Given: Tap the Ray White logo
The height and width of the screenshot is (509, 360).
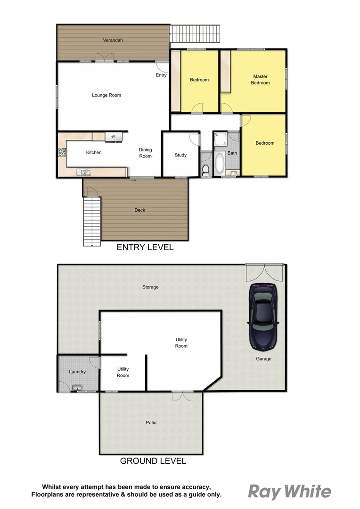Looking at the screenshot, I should pos(290,492).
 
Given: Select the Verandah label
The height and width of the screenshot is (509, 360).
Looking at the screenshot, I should pos(113,41).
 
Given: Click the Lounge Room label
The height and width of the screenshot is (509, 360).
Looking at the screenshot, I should pos(106,95).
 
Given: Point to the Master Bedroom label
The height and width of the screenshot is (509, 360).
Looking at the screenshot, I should pos(260,80).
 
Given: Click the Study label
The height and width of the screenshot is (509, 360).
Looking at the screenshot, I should pos(180,155).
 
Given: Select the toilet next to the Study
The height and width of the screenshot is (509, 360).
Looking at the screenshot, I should pos(205,170).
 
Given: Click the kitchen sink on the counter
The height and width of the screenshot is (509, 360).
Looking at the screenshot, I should pos(85,172).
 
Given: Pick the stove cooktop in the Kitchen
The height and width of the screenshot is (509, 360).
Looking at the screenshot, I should pos(61,152).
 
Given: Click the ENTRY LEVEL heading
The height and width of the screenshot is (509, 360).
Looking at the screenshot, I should pos(145,247).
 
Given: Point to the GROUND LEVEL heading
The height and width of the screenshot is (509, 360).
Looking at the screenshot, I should pos(153,461).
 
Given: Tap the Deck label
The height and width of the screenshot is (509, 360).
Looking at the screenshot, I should pos(140,210).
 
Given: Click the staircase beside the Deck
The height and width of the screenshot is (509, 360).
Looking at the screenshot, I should pos(92,221).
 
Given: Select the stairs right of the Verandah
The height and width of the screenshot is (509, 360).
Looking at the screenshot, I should pos(195,33).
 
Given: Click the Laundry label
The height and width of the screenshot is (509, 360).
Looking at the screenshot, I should pos(77,372).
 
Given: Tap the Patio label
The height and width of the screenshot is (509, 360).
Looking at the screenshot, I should pos(151,423).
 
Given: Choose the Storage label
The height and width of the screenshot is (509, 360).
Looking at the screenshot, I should pos(150,287).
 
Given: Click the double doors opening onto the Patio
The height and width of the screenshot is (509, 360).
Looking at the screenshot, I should pos(182,396).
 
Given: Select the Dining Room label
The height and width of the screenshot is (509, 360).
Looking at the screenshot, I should pos(145,153).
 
